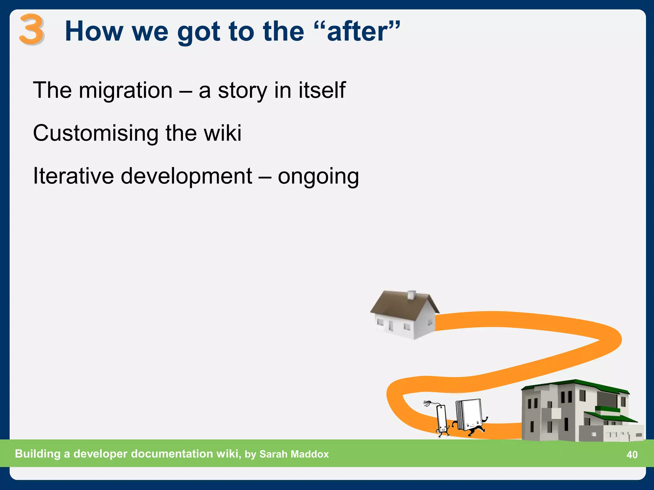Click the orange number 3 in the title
coord(31,29)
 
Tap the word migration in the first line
coord(125,91)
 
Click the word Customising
coord(95,133)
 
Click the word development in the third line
coord(186,176)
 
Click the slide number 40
coord(632,454)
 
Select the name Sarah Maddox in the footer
coord(294,454)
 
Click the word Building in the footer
coord(38,454)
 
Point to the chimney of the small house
coord(412,295)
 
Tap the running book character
coord(469,416)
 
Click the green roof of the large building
coord(575,384)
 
